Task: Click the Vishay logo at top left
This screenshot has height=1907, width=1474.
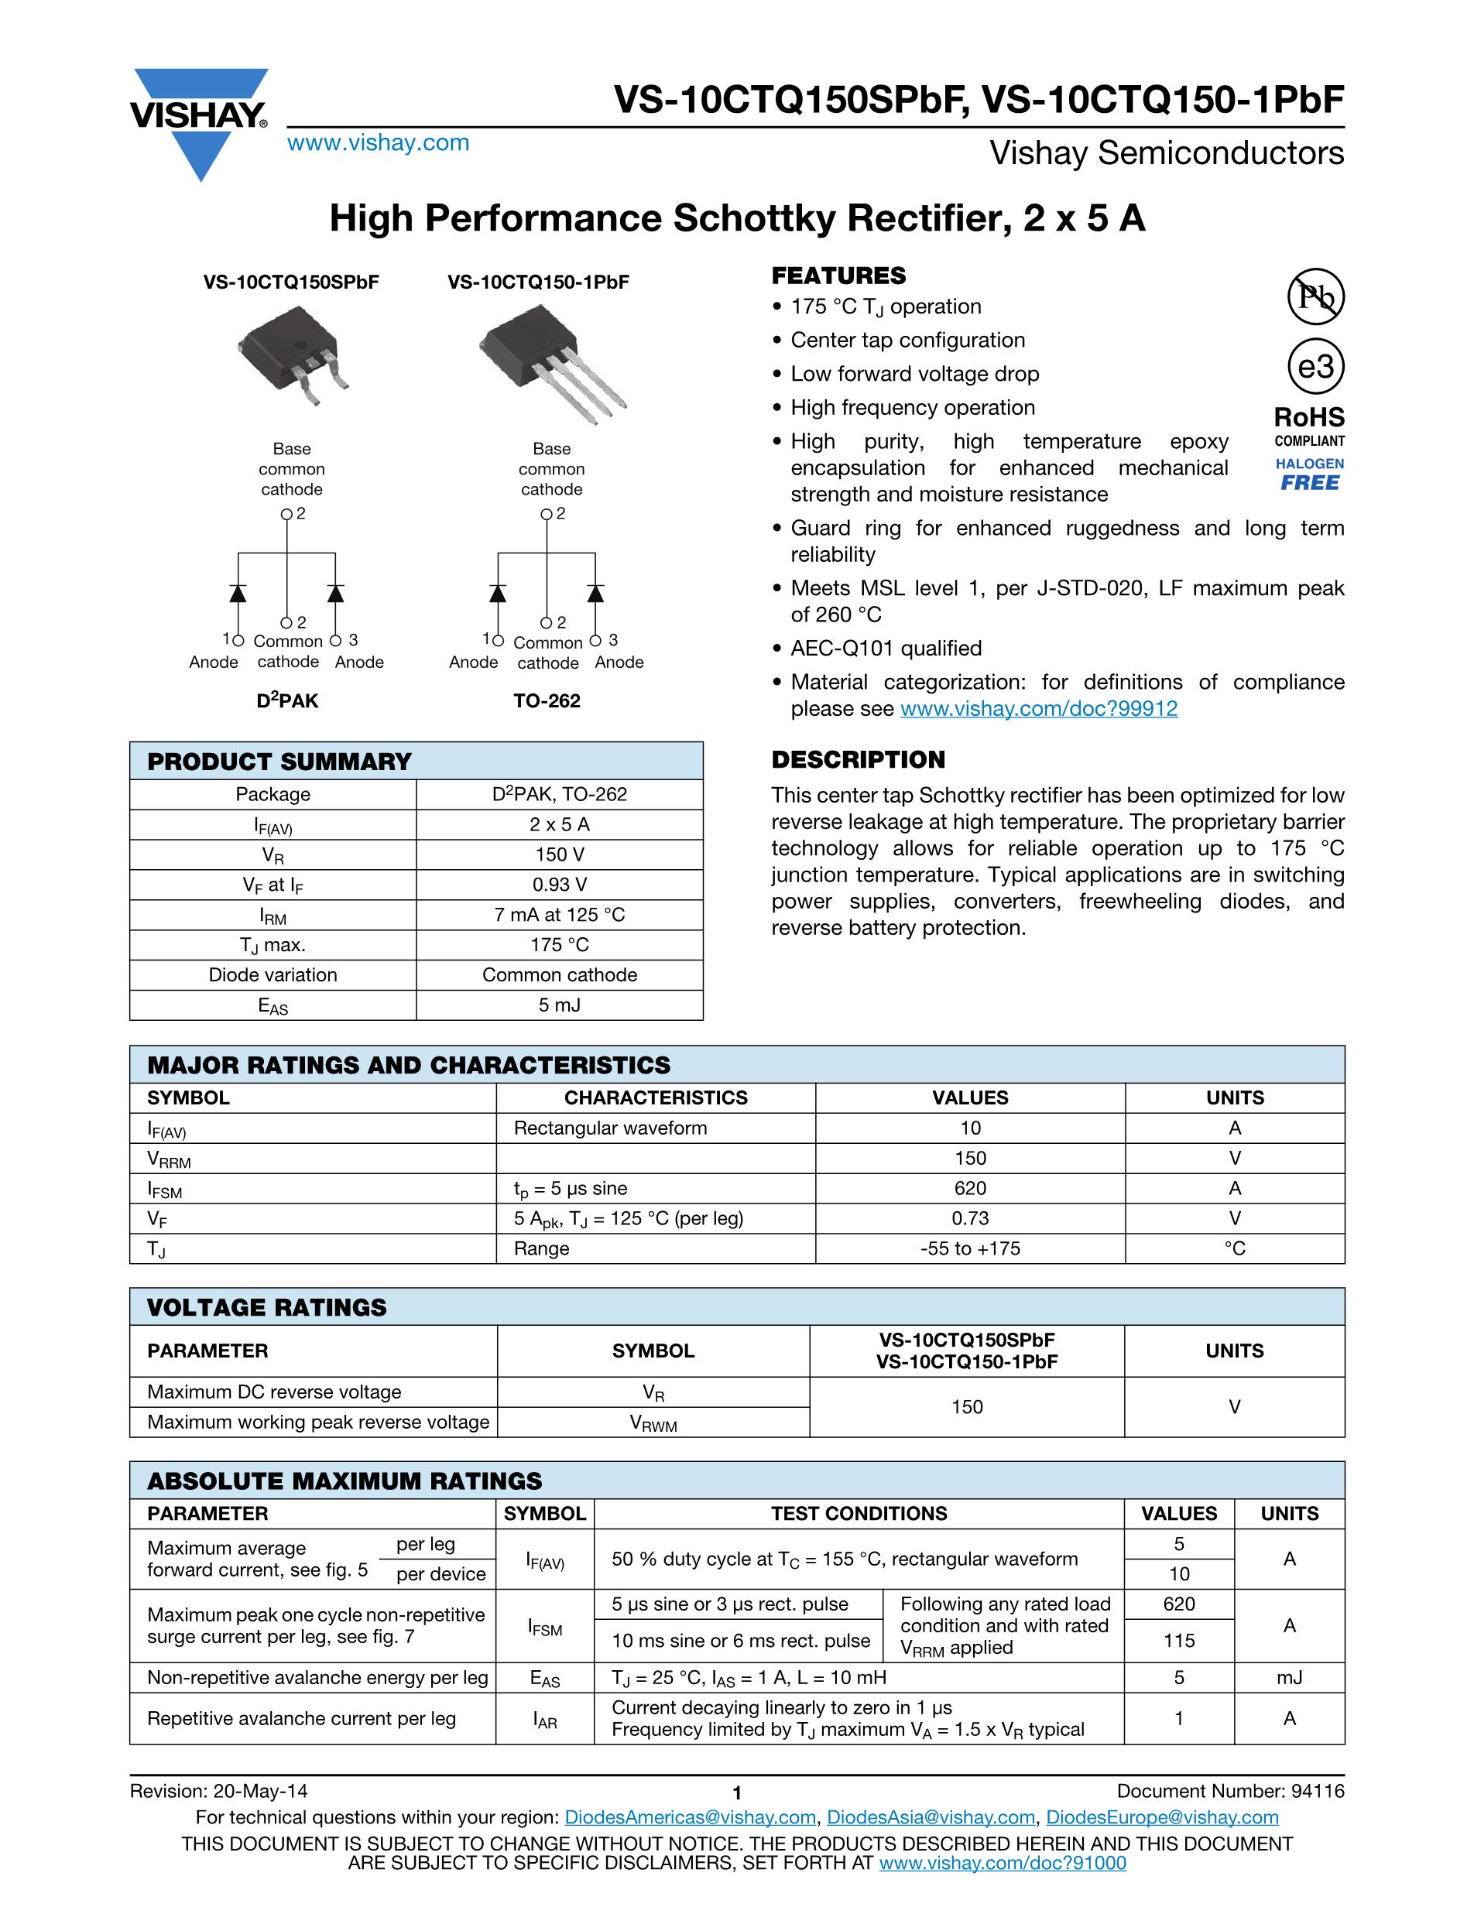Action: [x=199, y=122]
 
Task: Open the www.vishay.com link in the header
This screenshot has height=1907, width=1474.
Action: [x=378, y=143]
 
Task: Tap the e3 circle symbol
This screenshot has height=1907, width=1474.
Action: [x=1316, y=367]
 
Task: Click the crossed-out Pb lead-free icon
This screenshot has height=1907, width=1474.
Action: [x=1316, y=297]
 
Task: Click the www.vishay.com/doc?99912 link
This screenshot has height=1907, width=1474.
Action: [x=1038, y=709]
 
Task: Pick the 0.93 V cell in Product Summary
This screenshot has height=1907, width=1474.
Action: [x=560, y=885]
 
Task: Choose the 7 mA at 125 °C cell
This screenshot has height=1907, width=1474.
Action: [x=560, y=914]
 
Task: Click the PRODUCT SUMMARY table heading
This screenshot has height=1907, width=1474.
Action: [x=279, y=762]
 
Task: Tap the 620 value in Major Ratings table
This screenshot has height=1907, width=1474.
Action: [x=970, y=1188]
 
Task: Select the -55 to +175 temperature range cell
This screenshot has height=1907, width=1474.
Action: [x=970, y=1248]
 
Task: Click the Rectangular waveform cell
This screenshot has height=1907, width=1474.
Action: [x=610, y=1128]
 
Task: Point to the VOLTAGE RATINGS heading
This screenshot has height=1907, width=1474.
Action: [x=266, y=1307]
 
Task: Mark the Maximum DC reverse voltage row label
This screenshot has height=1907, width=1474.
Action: [x=274, y=1392]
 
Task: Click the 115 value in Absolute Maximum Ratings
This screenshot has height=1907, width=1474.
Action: [x=1179, y=1641]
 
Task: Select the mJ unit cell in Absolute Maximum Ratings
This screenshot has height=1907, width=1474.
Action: [x=1289, y=1677]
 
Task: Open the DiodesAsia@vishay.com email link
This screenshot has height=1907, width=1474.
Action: [x=931, y=1817]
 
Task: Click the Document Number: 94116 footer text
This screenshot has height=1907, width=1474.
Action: [x=1230, y=1791]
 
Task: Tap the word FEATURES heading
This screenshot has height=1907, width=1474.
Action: [x=838, y=276]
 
